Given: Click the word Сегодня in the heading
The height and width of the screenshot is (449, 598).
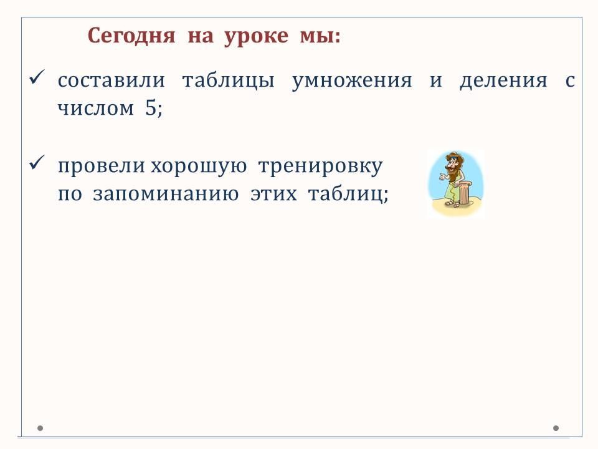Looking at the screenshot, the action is [131, 36].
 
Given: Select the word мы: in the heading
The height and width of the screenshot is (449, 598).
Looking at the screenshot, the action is [320, 37].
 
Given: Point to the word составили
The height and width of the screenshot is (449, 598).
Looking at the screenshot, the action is [112, 81].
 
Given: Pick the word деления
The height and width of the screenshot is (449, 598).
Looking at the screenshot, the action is [503, 81].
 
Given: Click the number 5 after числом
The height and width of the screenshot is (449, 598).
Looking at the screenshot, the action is [151, 108].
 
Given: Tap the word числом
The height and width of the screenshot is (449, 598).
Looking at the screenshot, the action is [96, 109].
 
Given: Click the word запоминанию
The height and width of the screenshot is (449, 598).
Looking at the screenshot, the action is [166, 194].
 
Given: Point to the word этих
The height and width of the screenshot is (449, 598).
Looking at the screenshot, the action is [273, 194].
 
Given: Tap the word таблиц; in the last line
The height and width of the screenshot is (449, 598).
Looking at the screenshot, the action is [348, 195].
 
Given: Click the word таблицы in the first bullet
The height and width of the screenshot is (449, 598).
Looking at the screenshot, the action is [229, 81].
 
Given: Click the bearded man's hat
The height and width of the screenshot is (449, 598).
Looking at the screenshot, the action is [455, 157].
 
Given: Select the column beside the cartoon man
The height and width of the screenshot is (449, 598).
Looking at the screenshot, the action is [464, 193].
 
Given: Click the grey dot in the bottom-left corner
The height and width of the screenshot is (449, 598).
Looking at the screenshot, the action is [40, 428].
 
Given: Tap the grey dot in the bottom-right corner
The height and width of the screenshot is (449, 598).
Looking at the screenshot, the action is [556, 428].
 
